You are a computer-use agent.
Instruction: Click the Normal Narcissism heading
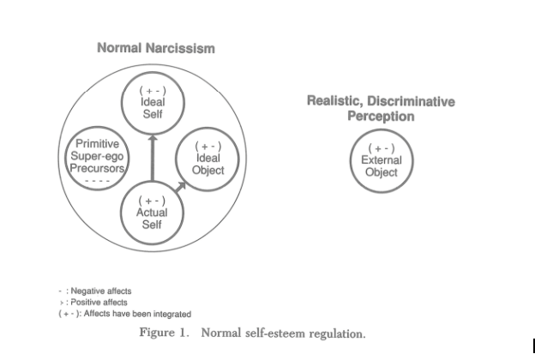coord(156,48)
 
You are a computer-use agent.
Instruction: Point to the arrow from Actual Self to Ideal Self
coord(153,158)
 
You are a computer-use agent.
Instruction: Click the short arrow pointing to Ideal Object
coord(181,187)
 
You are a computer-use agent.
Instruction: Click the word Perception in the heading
coord(381,117)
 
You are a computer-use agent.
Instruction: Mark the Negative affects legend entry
coord(95,291)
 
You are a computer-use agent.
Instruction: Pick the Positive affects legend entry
coord(93,303)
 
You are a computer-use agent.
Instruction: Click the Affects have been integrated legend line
coord(125,314)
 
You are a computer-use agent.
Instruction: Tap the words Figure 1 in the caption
coord(164,333)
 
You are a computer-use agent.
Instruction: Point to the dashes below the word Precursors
coord(97,181)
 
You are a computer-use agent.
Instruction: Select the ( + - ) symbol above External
coord(382,148)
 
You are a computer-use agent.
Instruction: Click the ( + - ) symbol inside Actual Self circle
coord(152,201)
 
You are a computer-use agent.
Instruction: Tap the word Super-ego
coord(97,156)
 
